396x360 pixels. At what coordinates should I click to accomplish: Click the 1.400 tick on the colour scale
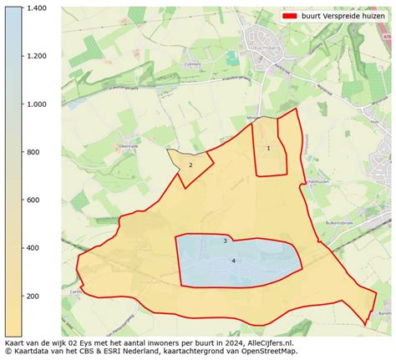point(35,8)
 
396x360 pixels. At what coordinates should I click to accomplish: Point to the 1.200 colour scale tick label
point(35,56)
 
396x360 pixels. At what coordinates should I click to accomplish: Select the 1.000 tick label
point(35,104)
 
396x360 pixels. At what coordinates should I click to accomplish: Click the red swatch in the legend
point(290,17)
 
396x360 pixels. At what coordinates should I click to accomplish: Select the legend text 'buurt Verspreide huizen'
point(343,17)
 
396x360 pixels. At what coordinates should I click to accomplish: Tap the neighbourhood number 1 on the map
point(268,149)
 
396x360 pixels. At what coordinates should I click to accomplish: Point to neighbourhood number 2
point(190,165)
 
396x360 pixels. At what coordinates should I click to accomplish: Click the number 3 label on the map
point(225,241)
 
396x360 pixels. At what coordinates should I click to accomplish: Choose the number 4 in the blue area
point(233,261)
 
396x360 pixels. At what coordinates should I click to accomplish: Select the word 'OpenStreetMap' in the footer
point(270,352)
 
